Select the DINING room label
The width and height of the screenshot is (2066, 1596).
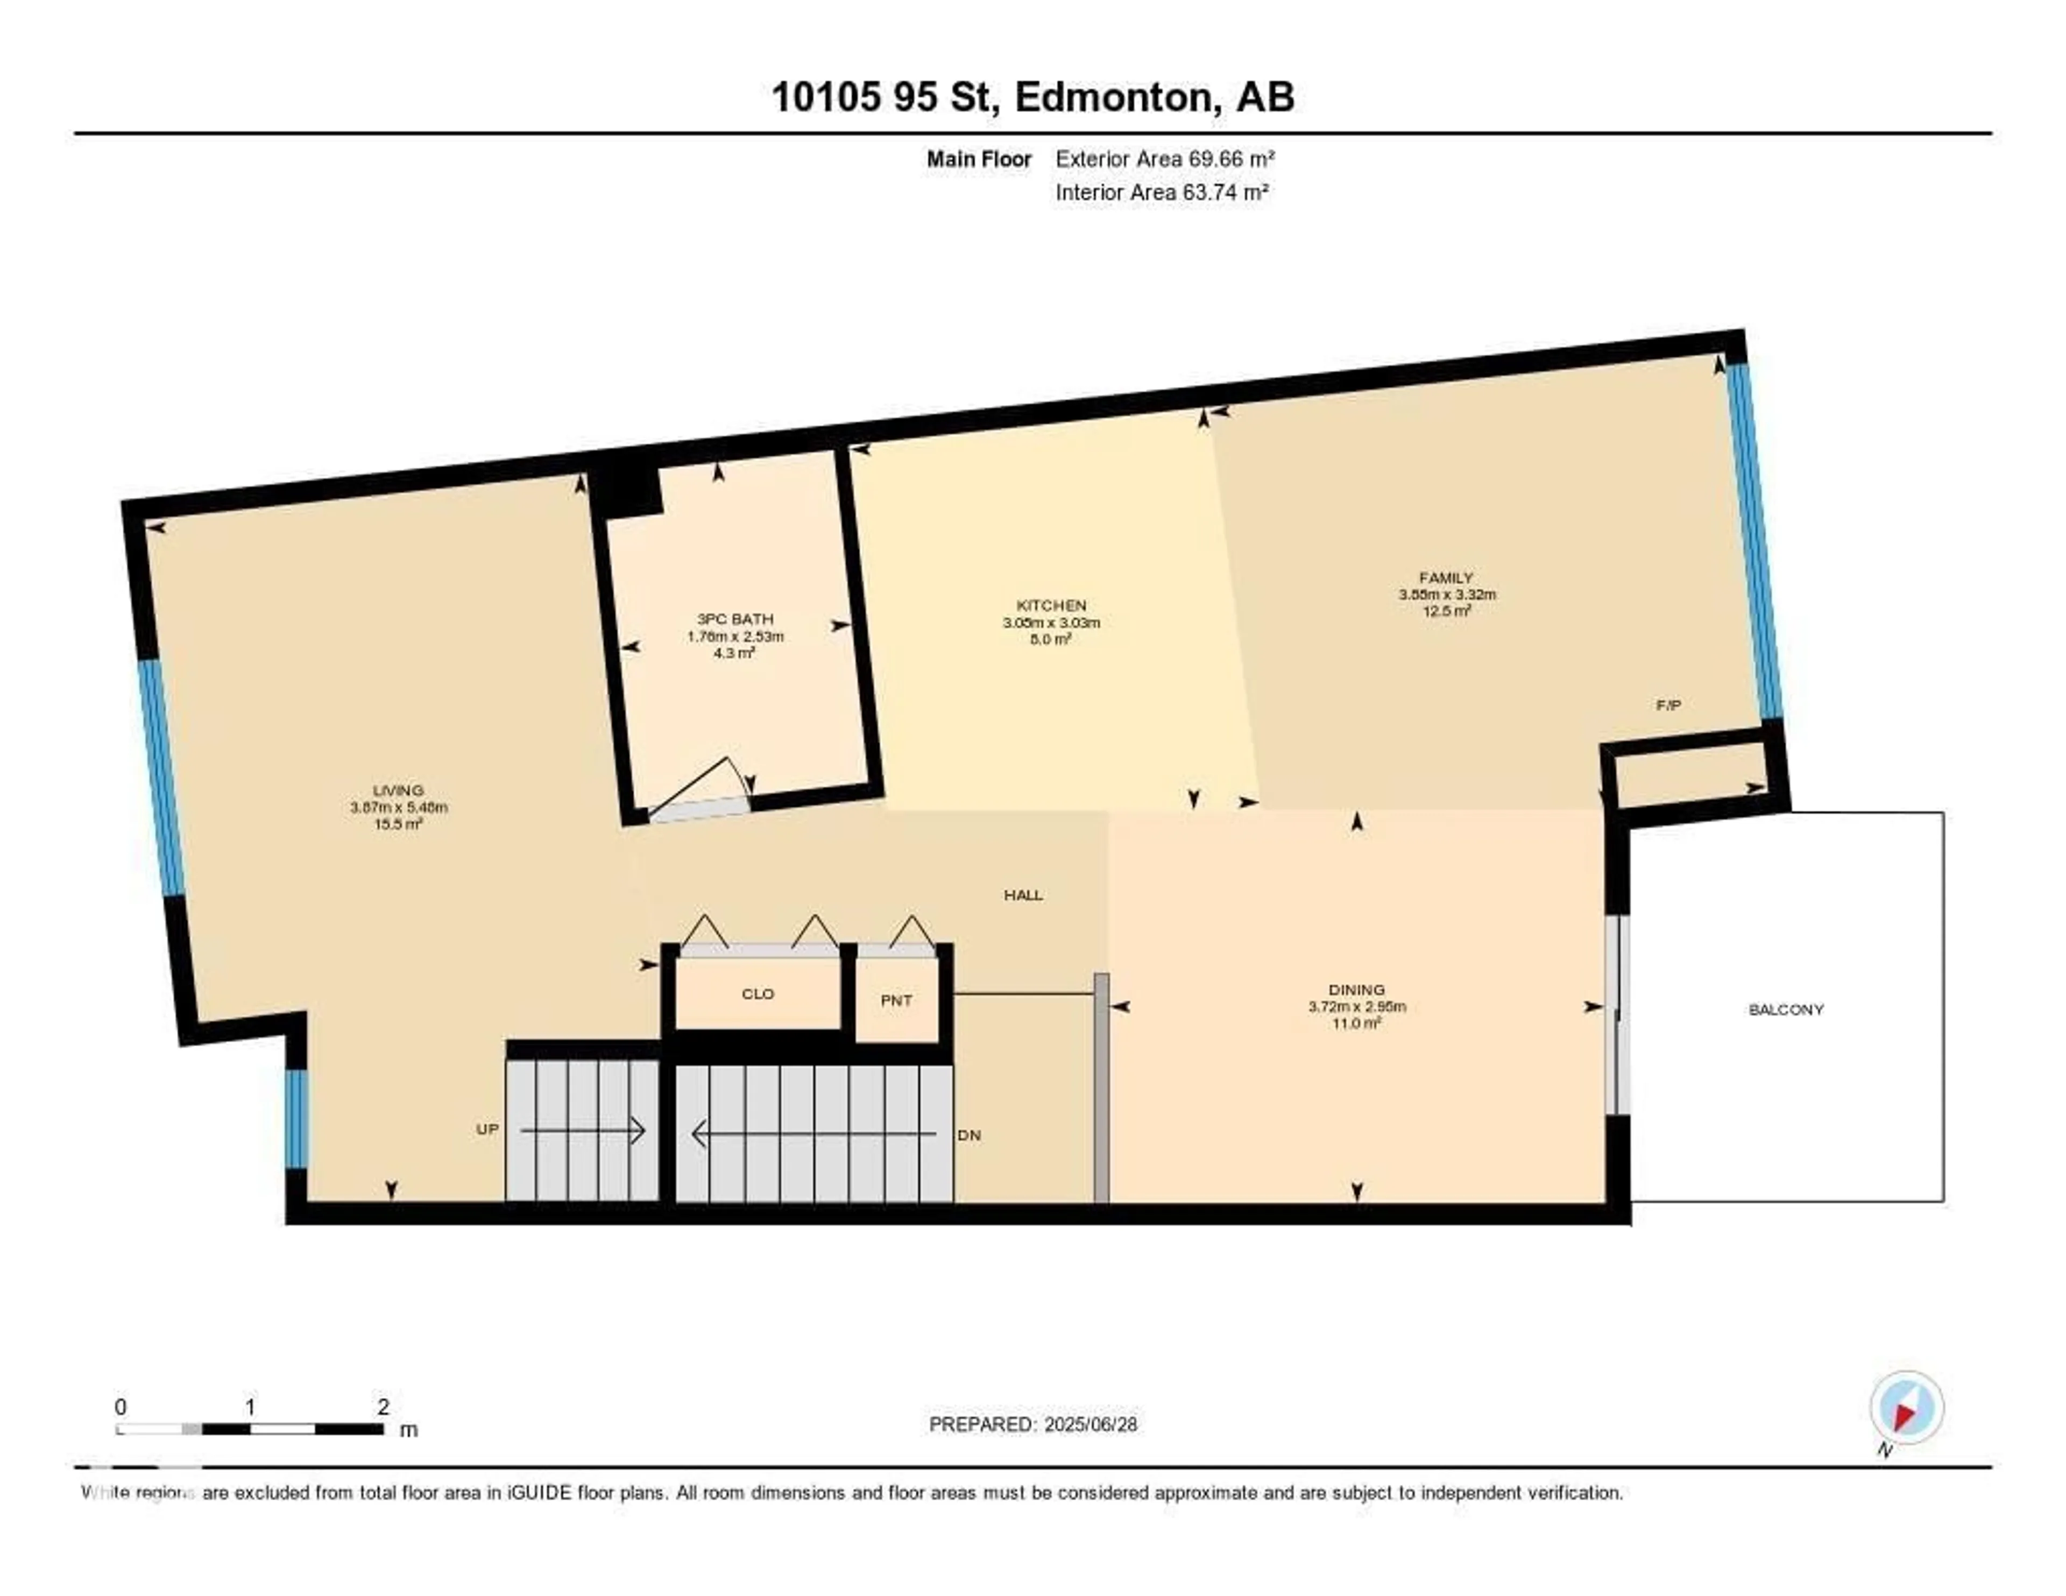pyautogui.click(x=1356, y=990)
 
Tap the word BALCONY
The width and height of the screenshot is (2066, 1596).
pyautogui.click(x=1785, y=1009)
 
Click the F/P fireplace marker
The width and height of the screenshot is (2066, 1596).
pyautogui.click(x=1668, y=705)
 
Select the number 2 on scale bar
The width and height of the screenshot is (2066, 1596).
pyautogui.click(x=383, y=1407)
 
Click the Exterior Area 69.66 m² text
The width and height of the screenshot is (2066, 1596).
pyautogui.click(x=1164, y=159)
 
